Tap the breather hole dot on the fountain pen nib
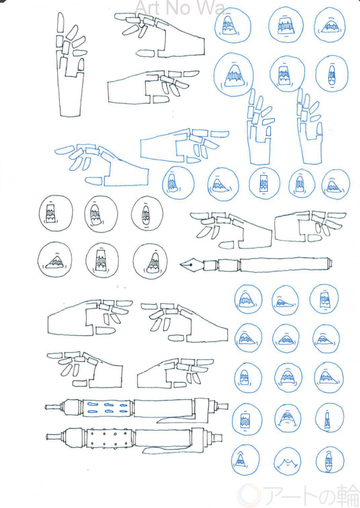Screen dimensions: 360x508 pyautogui.click(x=191, y=265)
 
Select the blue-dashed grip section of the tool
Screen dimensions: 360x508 pyautogui.click(x=107, y=408)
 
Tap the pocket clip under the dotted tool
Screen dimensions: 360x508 pyautogui.click(x=168, y=449)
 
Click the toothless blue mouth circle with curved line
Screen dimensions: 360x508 pyautogui.click(x=288, y=462)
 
